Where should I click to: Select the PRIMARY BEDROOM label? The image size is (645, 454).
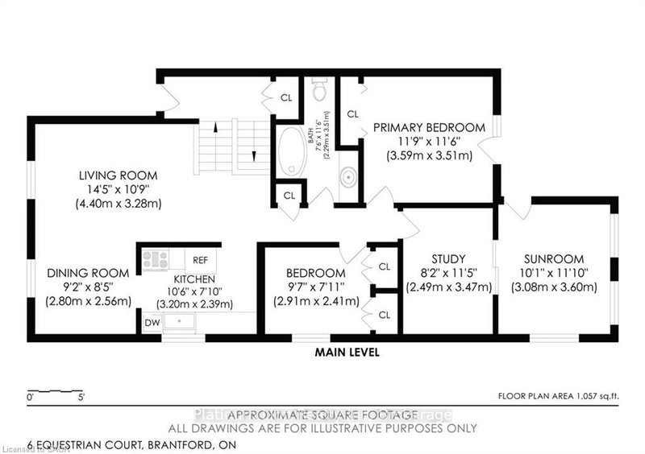click(x=428, y=127)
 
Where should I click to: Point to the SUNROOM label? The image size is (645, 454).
click(x=555, y=258)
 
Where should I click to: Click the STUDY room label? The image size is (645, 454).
click(x=447, y=258)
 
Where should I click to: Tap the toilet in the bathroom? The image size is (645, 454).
click(x=319, y=89)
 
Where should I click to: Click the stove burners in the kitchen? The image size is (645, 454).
click(x=156, y=259)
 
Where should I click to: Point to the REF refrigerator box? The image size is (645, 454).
click(x=201, y=259)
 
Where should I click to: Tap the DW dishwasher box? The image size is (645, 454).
click(x=152, y=323)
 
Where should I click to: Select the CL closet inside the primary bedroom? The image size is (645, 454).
click(x=352, y=114)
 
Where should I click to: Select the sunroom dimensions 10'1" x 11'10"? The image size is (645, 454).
click(x=555, y=273)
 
